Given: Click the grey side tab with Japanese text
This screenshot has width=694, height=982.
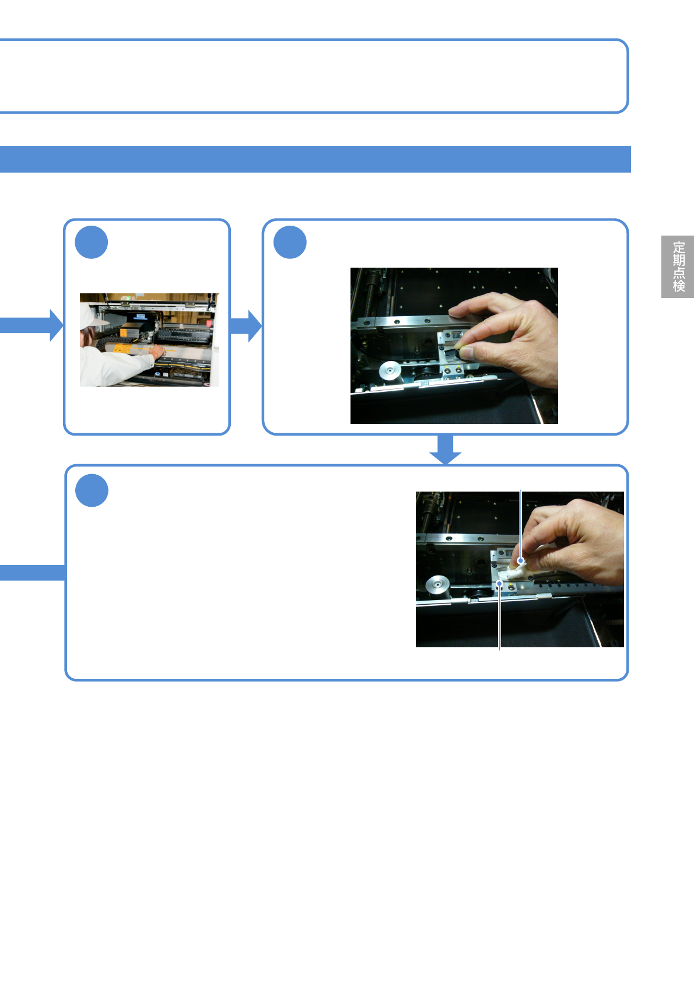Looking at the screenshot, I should pos(678,266).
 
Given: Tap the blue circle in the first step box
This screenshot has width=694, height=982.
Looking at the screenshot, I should pos(92,243).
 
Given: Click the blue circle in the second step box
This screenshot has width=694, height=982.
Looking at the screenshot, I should pos(290,243).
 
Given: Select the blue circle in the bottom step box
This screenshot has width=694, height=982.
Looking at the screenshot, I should pos(92,490).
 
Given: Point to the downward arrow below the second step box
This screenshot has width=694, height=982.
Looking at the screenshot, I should pos(446,450).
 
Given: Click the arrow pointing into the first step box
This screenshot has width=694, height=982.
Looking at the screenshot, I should pos(35,325).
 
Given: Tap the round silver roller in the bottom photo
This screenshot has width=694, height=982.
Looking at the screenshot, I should pos(437,584).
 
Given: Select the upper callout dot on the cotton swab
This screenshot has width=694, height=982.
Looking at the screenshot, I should pos(521,561).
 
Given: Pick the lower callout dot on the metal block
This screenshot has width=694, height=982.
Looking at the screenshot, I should pos(500,583).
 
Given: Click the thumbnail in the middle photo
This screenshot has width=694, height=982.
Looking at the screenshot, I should pos(467,352).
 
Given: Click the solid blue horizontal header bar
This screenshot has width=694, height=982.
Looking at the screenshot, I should pos(315,159).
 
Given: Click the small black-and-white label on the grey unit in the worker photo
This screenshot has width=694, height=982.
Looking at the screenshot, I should pos(140,317).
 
